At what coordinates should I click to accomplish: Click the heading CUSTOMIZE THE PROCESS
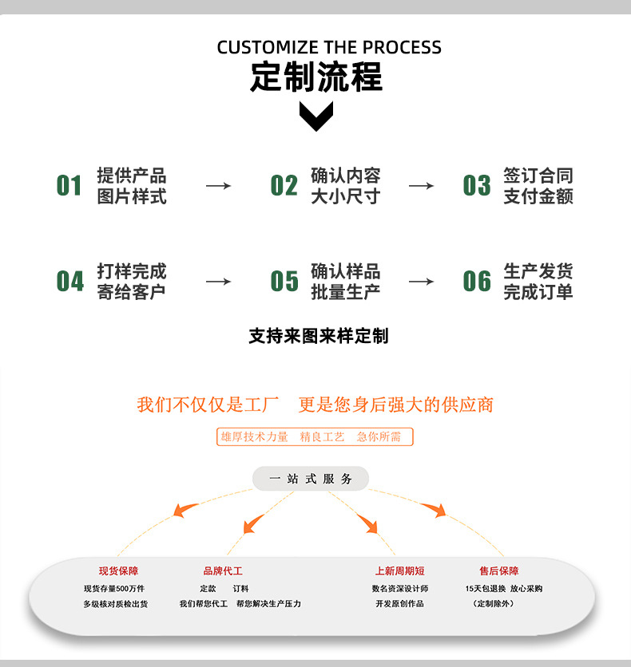tap(328, 47)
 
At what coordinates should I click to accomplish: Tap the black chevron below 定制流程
tap(315, 116)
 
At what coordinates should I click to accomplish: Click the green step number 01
tap(69, 186)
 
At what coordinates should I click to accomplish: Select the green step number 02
tap(284, 186)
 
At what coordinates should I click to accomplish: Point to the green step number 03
tap(477, 186)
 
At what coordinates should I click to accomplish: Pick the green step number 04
tap(69, 282)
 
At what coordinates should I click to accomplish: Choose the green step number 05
tap(284, 282)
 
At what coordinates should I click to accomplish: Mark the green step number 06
tap(477, 282)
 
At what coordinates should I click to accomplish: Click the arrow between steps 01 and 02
tap(218, 186)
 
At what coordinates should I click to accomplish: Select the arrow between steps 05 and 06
tap(421, 282)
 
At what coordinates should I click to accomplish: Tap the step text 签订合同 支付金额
tap(538, 186)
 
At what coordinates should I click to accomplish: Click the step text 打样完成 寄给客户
tap(132, 282)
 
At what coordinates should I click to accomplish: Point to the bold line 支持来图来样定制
tap(318, 336)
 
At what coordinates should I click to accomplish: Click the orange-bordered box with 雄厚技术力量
tap(315, 436)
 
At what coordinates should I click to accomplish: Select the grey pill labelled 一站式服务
tap(311, 479)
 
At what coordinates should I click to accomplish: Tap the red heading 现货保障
tap(118, 571)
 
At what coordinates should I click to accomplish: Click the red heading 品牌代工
tap(223, 571)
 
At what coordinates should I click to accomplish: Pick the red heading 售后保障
tap(498, 571)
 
